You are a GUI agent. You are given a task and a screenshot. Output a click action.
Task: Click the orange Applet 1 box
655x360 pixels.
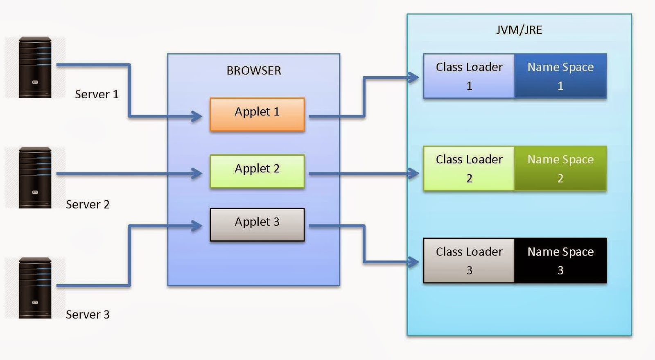(x=257, y=114)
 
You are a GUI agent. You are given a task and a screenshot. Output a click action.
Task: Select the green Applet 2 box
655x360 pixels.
(x=257, y=171)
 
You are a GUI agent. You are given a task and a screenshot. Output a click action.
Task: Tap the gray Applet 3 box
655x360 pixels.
(x=257, y=225)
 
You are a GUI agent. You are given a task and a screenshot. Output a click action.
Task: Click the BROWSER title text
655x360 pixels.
(x=254, y=70)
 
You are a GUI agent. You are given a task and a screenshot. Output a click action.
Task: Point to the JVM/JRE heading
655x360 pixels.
(x=519, y=30)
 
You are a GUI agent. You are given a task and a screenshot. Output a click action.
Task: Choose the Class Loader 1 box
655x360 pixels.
(x=469, y=76)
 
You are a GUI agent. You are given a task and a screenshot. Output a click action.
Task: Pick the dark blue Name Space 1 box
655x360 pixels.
(x=560, y=76)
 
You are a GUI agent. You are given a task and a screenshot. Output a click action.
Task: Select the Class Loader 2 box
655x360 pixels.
(x=469, y=168)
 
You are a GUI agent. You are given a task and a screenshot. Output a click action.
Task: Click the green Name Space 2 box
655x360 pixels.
(x=560, y=168)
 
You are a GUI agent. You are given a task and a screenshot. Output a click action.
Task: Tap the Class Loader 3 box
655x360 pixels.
(x=469, y=261)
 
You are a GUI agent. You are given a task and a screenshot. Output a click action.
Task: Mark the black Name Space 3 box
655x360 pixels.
(x=560, y=261)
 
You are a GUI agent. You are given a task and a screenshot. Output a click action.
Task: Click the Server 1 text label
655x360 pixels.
(x=97, y=94)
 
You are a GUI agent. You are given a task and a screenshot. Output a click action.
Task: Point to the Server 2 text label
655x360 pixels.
(x=88, y=204)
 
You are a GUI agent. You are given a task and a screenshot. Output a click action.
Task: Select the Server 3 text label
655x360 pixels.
(x=88, y=315)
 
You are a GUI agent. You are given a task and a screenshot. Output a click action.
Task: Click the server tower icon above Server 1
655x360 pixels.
(x=35, y=68)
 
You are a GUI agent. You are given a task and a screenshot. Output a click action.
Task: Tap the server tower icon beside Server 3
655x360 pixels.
(x=35, y=288)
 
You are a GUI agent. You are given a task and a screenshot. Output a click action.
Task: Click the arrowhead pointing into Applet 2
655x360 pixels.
(x=197, y=174)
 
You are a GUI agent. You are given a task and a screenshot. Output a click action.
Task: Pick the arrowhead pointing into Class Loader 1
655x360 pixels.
(x=414, y=77)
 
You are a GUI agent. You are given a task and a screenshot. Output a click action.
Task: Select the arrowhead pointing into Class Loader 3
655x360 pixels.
(x=414, y=262)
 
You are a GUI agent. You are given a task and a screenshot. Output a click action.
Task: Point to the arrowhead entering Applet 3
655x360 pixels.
(x=197, y=226)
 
